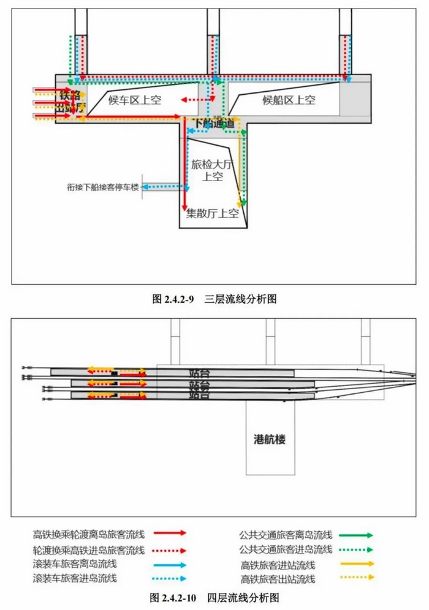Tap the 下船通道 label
click(x=214, y=124)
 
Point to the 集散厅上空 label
click(x=212, y=214)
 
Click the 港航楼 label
click(x=270, y=439)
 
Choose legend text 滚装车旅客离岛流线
click(x=74, y=564)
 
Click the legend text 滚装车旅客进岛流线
click(x=74, y=578)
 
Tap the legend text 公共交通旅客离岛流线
click(x=285, y=535)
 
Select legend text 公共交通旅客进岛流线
click(x=285, y=549)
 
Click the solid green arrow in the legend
click(x=355, y=535)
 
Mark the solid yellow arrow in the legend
click(x=355, y=564)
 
